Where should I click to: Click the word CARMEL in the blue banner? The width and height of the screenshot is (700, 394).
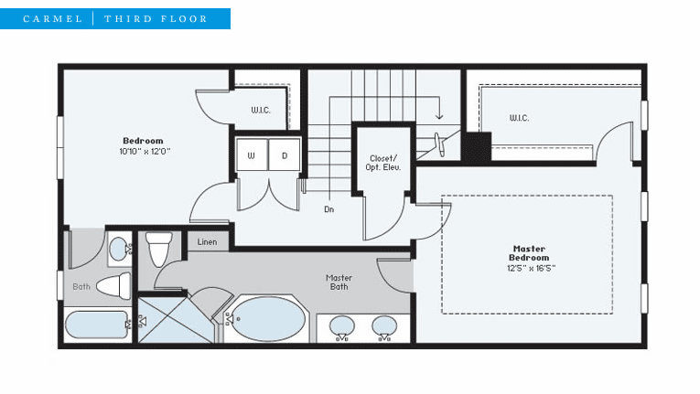(53, 19)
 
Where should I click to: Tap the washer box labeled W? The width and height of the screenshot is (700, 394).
(252, 154)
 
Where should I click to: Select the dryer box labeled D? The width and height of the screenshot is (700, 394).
(284, 154)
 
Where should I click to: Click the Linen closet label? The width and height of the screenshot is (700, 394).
(207, 242)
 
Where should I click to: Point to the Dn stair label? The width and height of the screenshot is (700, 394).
(329, 209)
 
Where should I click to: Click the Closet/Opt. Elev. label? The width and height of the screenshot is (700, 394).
(383, 163)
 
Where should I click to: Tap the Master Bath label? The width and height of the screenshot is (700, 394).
(339, 282)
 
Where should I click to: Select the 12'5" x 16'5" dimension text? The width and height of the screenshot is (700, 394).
(531, 268)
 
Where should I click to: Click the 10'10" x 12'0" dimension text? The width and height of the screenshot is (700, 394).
(145, 151)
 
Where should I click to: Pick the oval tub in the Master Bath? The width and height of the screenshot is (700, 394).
(269, 319)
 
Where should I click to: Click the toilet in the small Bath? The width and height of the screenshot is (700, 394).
(113, 285)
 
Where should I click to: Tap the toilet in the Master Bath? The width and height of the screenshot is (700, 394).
(159, 249)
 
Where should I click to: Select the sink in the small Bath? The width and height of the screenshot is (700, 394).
(119, 249)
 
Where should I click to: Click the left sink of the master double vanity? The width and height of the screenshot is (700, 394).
(342, 325)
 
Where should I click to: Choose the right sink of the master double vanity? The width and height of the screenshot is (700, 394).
(384, 325)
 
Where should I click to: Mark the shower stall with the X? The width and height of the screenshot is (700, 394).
(175, 320)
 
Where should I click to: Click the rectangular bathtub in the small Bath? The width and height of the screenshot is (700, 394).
(96, 325)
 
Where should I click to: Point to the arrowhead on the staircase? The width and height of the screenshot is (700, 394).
(439, 116)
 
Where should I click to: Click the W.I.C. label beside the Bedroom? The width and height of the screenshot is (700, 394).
(261, 110)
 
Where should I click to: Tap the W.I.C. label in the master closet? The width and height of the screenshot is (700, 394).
(519, 118)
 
